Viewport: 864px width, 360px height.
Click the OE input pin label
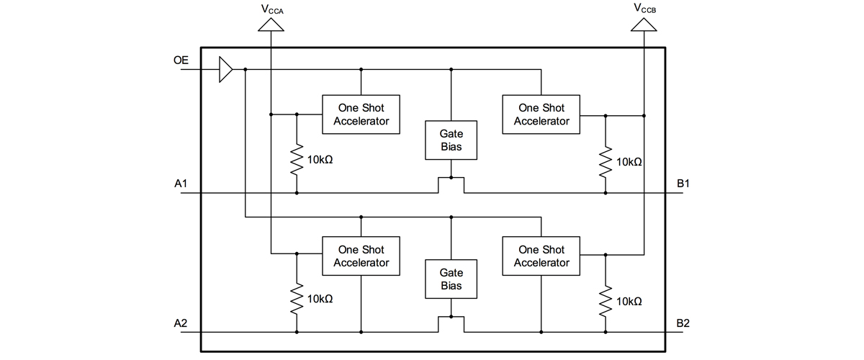(181, 61)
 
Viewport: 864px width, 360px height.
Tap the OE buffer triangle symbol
(226, 70)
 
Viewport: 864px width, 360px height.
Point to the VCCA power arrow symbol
(271, 24)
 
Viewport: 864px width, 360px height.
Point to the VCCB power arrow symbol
(644, 24)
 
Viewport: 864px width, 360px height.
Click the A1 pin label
(181, 184)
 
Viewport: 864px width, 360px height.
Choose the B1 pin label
(683, 184)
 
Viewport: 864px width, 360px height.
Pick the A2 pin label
(181, 323)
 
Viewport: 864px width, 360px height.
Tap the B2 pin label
(683, 323)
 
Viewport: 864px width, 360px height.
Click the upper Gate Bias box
(451, 140)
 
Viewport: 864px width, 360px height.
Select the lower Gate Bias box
(451, 279)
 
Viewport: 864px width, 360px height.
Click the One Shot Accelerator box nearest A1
(361, 114)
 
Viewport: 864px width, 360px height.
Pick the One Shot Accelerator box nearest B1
(541, 114)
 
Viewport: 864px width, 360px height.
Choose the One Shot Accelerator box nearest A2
(361, 256)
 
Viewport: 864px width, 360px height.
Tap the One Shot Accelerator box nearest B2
(541, 256)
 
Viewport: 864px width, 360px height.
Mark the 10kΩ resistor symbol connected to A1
(297, 160)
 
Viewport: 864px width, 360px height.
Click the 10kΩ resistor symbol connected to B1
(606, 161)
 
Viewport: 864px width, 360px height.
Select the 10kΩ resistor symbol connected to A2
(297, 299)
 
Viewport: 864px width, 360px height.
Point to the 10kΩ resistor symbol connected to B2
(606, 300)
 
